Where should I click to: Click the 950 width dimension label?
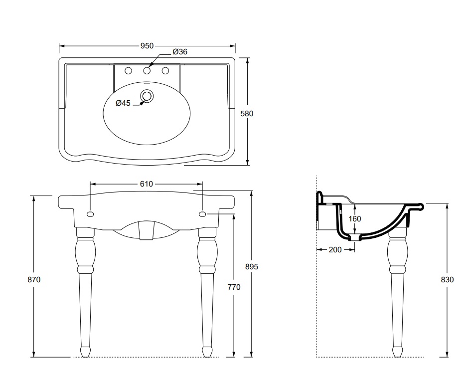pos(146,46)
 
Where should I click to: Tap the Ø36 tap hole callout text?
pos(180,51)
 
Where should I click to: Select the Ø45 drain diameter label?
pos(123,103)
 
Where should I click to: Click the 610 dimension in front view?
pos(146,184)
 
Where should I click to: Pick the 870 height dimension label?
pos(33,280)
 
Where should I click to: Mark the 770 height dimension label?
pos(234,287)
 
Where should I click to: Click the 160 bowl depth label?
pos(355,218)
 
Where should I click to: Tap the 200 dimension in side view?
pos(335,249)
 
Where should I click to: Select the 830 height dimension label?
pos(447,280)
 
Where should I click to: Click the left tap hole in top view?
pos(128,70)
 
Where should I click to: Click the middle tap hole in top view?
pos(147,70)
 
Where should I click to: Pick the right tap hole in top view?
pos(165,70)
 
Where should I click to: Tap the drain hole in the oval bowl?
pos(147,95)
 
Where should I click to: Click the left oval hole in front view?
pos(90,214)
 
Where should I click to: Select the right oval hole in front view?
pos(202,214)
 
